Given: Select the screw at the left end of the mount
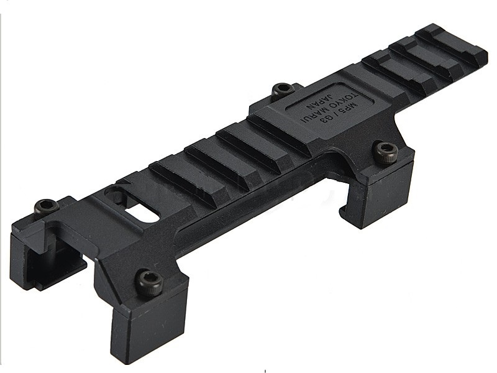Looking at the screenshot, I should (x=43, y=205).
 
